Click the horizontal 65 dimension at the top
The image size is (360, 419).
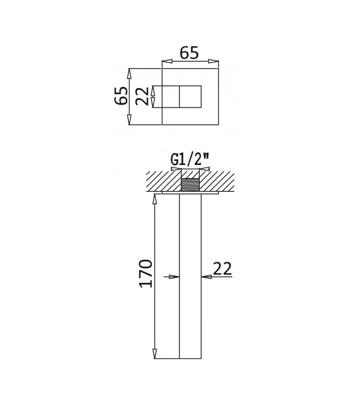click(189, 53)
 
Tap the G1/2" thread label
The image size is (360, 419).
click(190, 160)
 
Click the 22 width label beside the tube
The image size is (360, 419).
click(222, 269)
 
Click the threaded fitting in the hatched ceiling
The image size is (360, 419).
click(191, 185)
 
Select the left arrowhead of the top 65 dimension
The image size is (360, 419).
click(167, 61)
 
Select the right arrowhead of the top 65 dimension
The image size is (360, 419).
click(213, 61)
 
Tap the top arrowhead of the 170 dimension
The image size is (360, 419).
click(154, 199)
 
